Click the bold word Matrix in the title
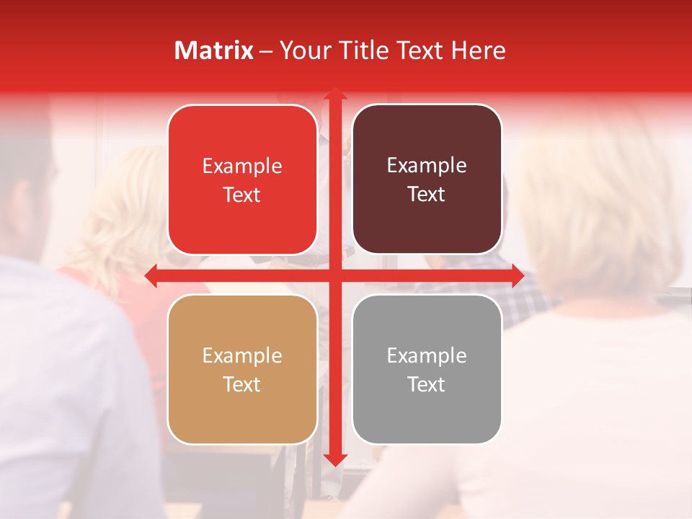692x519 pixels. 214,50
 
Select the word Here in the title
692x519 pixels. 479,50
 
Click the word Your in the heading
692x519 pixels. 304,50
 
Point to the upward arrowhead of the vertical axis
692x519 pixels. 334,94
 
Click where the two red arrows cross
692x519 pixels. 334,275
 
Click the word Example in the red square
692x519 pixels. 242,167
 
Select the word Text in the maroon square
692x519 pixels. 427,195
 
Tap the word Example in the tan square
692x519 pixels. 242,356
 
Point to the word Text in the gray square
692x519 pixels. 427,385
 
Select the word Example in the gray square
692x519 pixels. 427,356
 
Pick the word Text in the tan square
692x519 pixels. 242,385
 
